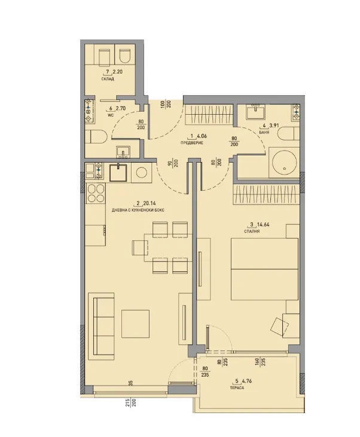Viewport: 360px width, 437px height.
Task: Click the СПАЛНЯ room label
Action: point(252,231)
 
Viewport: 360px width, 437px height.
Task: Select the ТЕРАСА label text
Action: point(237,387)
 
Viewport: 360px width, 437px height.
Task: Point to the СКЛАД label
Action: point(108,79)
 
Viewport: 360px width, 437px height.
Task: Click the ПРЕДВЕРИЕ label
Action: point(191,143)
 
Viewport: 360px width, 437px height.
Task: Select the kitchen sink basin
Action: point(118,173)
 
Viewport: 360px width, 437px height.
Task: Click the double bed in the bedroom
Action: point(264,269)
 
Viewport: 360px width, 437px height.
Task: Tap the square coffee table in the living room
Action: point(135,324)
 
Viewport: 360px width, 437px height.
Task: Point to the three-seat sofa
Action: point(101,326)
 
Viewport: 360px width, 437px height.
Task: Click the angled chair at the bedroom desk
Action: point(279,326)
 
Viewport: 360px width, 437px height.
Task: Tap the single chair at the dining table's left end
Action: point(138,247)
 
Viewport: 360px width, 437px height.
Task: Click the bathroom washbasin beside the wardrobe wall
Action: point(255,112)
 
